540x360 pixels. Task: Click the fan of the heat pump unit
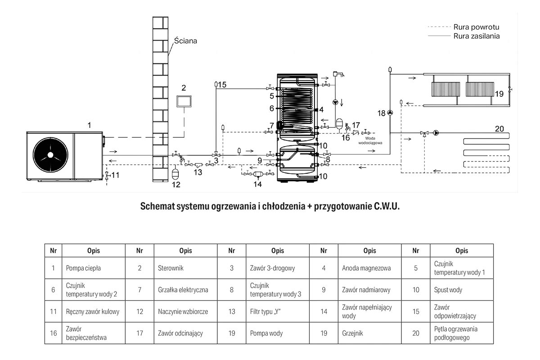click(x=50, y=155)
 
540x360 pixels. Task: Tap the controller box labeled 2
click(x=184, y=101)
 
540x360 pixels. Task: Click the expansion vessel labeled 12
click(x=175, y=174)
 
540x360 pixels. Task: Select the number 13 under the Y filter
click(x=198, y=172)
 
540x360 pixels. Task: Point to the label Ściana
click(x=185, y=40)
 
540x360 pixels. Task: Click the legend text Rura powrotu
click(x=476, y=27)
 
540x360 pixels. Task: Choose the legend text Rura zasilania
click(x=477, y=36)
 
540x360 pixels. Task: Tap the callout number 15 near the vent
click(x=222, y=85)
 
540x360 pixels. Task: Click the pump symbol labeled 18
click(x=390, y=112)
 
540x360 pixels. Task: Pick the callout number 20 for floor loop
click(x=499, y=129)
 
